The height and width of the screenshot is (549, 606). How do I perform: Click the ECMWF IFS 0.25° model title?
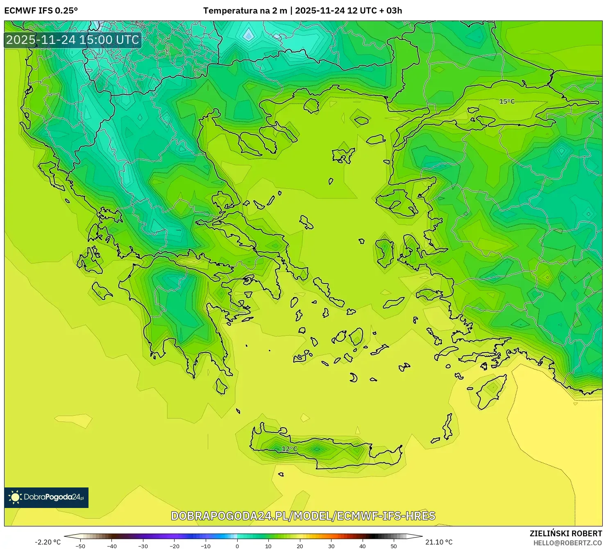pos(41,11)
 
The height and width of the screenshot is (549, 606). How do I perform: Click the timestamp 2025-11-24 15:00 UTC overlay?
pos(73,40)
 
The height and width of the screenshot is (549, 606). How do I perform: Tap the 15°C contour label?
pos(507,101)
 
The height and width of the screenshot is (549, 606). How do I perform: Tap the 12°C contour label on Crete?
pos(289,449)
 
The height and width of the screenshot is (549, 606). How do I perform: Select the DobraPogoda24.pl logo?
pos(46,497)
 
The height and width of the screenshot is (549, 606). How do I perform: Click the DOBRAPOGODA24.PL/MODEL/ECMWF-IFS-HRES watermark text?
pos(303,516)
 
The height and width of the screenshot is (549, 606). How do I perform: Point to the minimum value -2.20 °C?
pos(48,542)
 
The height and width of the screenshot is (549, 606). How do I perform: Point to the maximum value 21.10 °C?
pos(439,542)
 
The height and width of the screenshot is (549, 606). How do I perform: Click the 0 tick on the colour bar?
pos(237,546)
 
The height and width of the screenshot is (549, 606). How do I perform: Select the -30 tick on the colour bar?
pos(143,546)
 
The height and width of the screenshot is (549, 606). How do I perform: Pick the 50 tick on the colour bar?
pos(394,546)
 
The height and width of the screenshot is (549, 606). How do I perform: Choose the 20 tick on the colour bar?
pos(300,546)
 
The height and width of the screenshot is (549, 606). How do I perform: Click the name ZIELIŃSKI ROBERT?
pos(565,533)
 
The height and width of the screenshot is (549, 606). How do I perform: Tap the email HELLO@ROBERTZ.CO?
pos(567,543)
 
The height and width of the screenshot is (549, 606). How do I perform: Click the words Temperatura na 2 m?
pos(245,11)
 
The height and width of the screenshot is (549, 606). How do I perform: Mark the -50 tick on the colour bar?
pos(80,546)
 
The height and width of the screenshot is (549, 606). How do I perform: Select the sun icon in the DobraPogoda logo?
pos(15,497)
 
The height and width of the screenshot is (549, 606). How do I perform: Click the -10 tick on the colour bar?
pos(206,546)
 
